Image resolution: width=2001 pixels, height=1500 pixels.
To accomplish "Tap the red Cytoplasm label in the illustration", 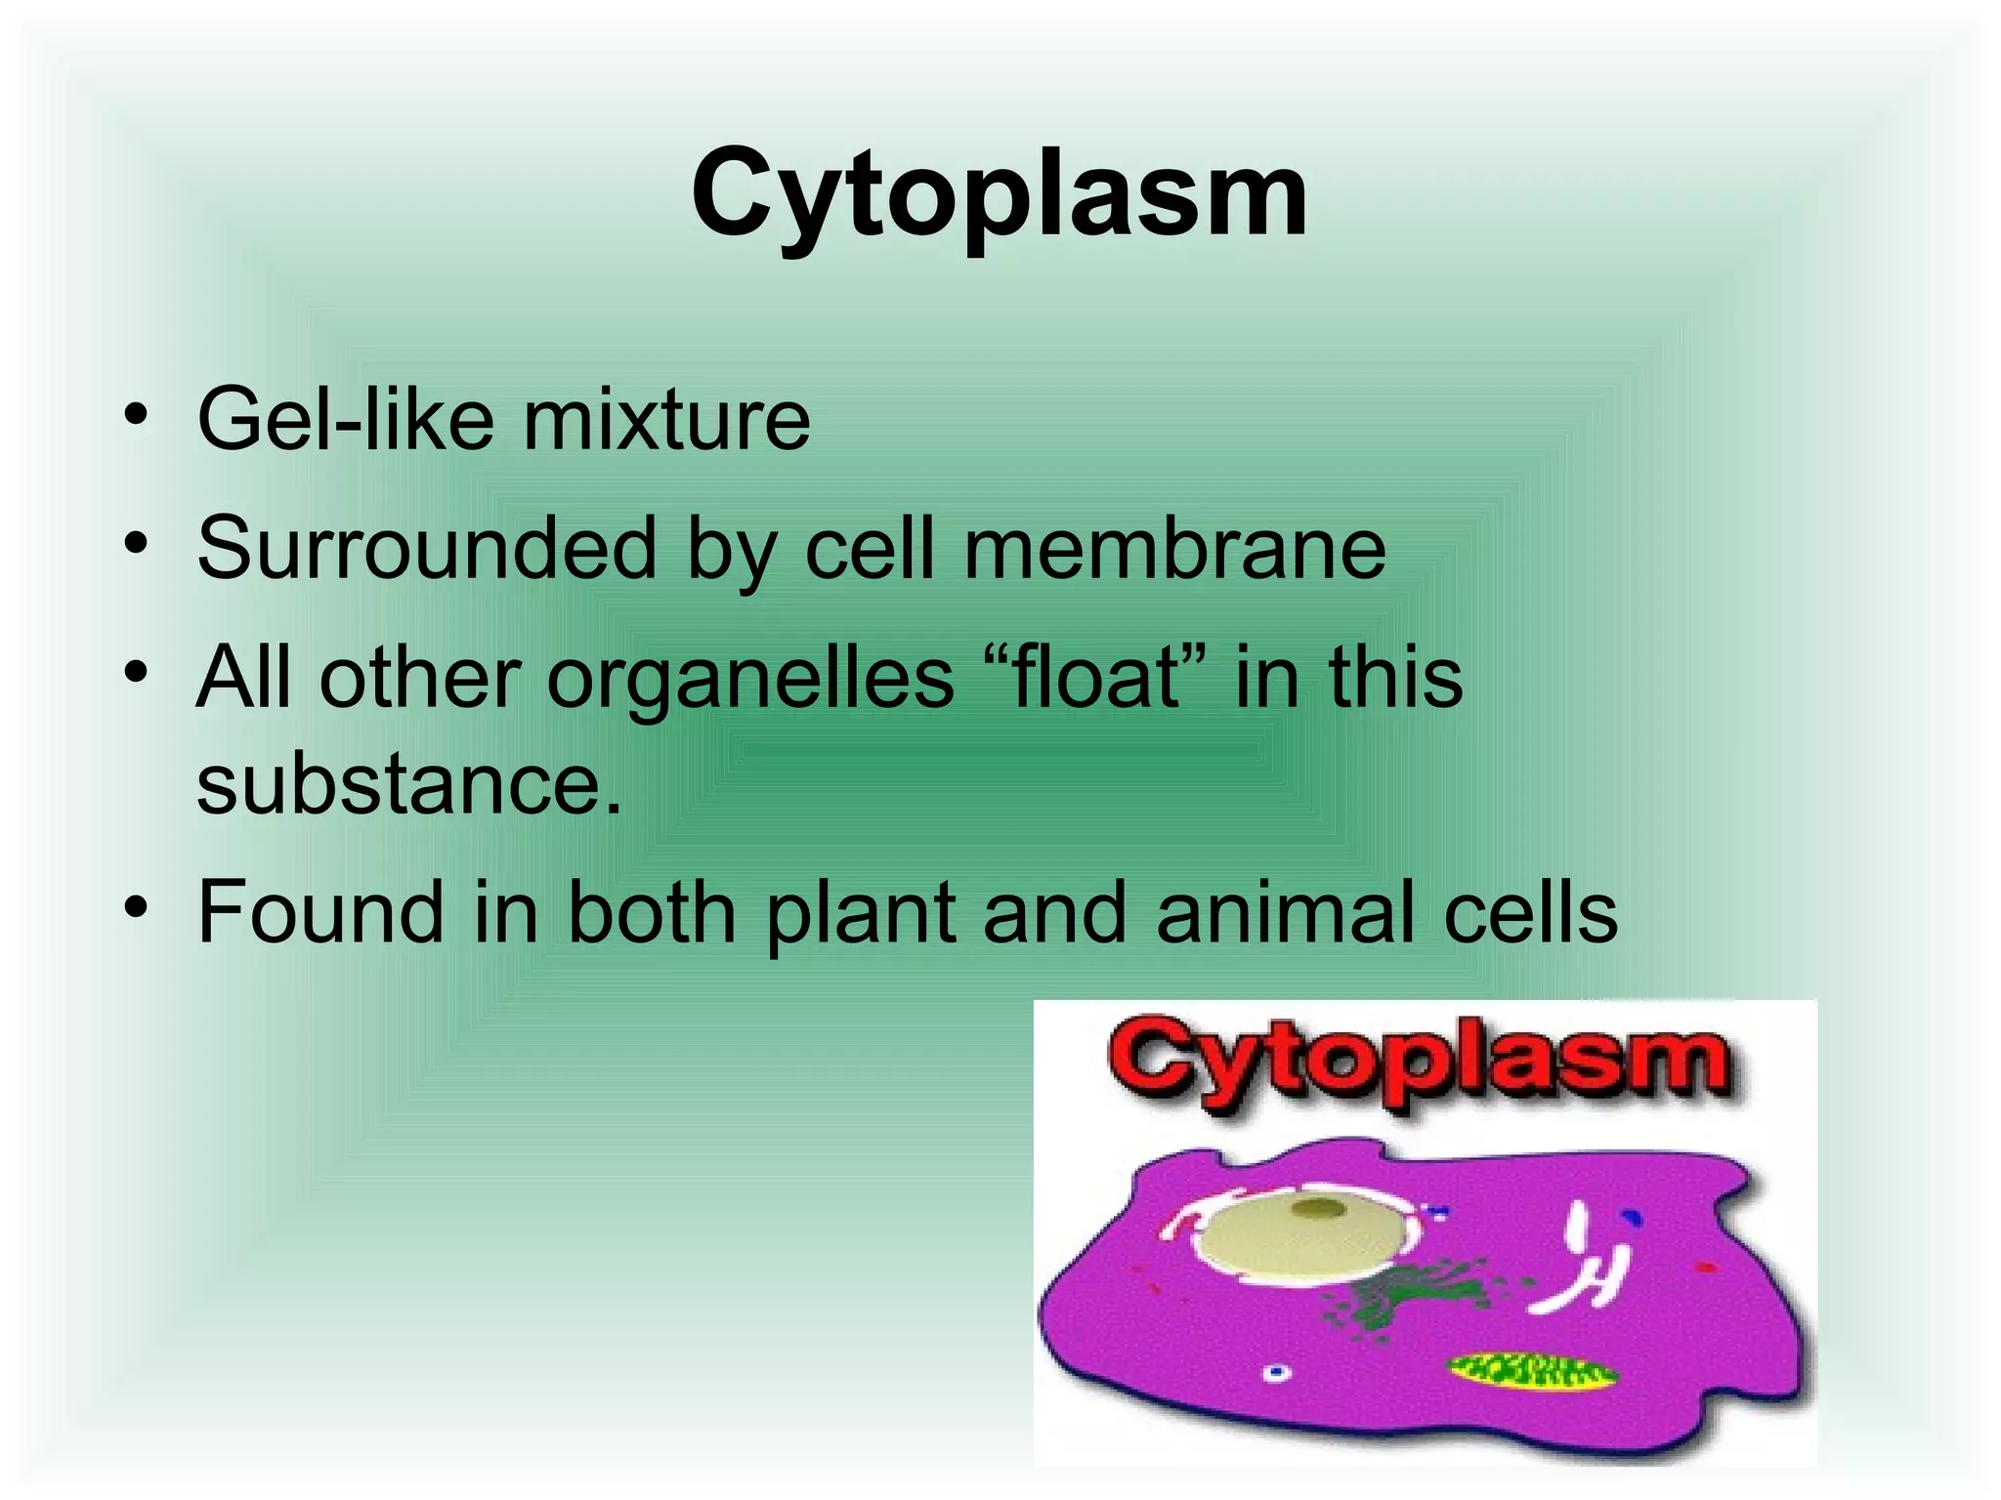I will [1420, 1063].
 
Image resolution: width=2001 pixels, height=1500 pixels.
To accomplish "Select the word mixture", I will [666, 420].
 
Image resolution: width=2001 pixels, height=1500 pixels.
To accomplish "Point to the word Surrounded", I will [426, 549].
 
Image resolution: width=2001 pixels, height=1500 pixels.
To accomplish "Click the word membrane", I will [1174, 549].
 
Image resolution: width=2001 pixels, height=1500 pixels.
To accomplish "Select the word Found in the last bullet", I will [320, 912].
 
